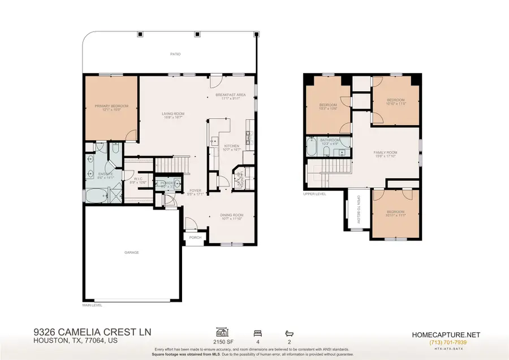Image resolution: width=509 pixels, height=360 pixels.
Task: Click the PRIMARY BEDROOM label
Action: (112, 106)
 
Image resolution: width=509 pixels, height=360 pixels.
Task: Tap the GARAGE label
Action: (131, 252)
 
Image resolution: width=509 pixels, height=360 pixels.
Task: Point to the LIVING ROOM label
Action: (173, 114)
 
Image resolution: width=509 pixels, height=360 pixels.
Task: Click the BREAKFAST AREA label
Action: (233, 95)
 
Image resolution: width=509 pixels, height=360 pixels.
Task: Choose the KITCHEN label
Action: (231, 146)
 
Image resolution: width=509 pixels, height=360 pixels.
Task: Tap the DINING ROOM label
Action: (232, 215)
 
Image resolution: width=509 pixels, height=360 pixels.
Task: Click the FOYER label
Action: (195, 190)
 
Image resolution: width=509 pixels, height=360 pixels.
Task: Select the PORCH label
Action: (195, 238)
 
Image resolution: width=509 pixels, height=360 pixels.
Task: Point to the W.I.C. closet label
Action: (138, 179)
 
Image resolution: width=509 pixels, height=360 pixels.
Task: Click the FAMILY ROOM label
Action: (385, 152)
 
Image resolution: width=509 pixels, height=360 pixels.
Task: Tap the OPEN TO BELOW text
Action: (358, 209)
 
